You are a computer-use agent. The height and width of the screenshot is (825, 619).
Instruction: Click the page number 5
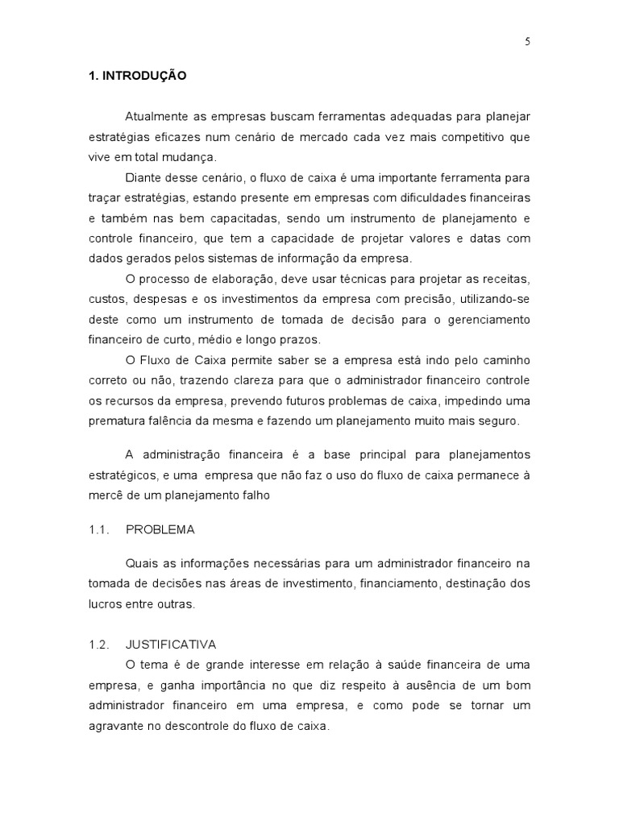click(526, 44)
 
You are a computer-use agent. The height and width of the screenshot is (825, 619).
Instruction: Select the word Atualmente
click(156, 117)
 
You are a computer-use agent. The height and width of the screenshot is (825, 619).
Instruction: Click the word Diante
click(142, 177)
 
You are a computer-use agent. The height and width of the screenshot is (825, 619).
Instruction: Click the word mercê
click(105, 496)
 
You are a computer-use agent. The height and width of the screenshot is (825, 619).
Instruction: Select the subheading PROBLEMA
click(160, 530)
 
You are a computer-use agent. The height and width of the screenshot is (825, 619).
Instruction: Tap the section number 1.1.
click(98, 530)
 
